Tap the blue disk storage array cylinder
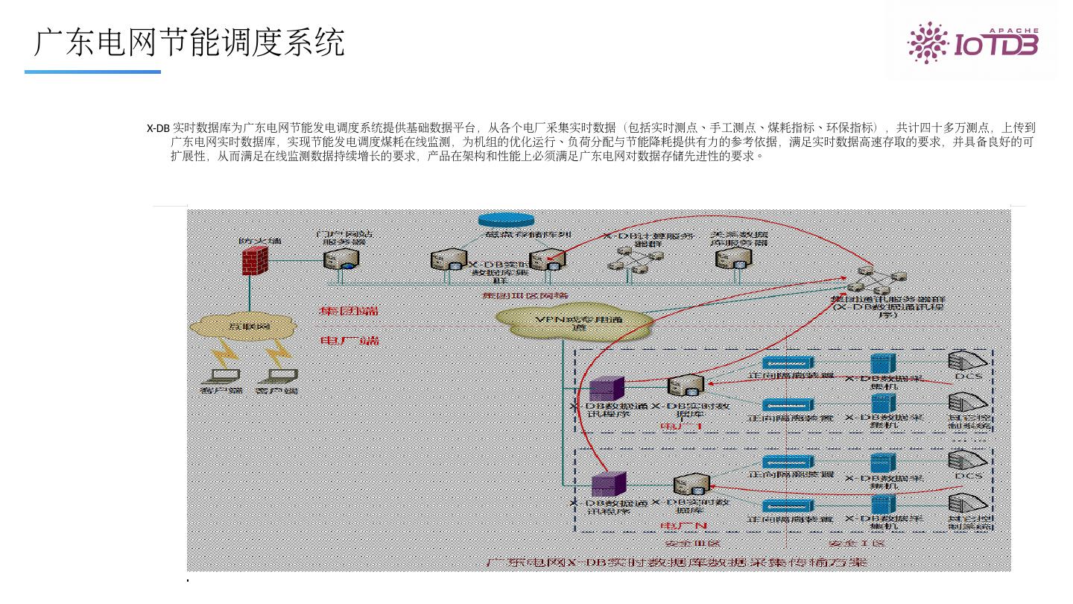[506, 219]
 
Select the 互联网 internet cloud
[244, 326]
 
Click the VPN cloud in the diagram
[575, 321]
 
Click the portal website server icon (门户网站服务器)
[341, 259]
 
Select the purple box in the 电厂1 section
[606, 388]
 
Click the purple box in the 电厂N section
[608, 484]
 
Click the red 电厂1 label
[681, 427]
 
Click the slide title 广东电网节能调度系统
[190, 43]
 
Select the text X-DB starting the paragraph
[158, 128]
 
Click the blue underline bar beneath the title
[92, 72]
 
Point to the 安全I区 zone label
[858, 543]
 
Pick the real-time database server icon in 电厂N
[690, 485]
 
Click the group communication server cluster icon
[870, 280]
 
